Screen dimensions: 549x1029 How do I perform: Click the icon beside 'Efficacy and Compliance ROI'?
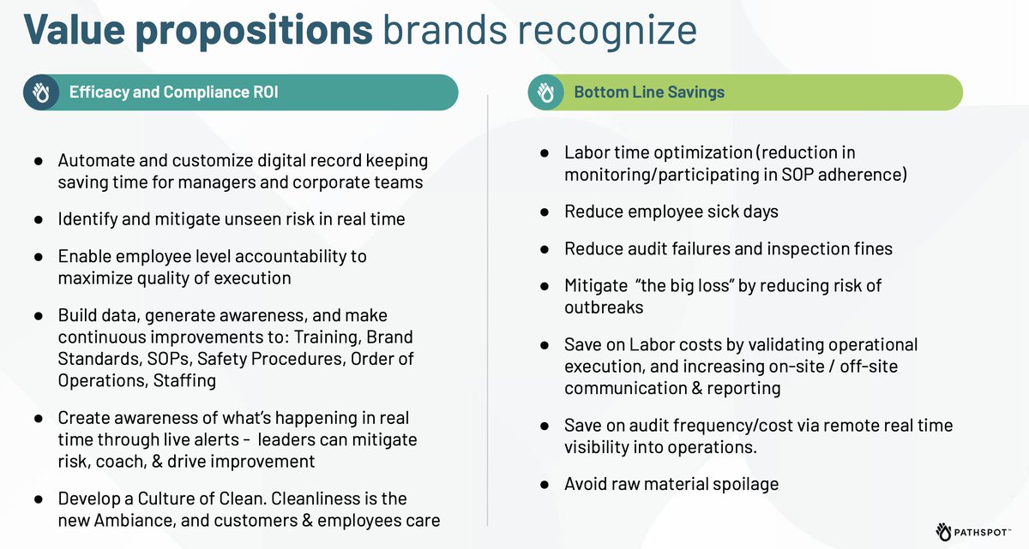40,92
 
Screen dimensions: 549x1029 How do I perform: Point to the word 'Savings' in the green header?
691,92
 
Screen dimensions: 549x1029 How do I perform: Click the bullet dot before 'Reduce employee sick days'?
545,212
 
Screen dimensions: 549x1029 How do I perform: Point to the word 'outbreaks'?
605,307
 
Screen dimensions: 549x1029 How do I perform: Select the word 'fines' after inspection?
872,248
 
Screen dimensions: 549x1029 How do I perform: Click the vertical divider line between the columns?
488,308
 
